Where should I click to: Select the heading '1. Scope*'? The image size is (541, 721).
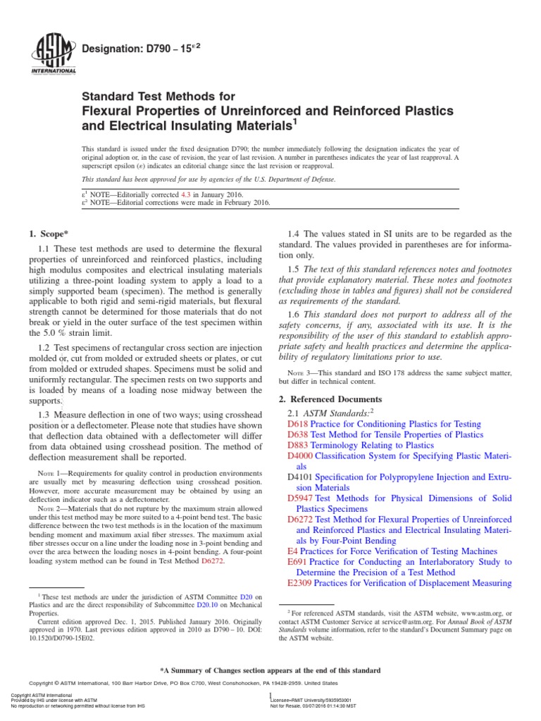click(x=48, y=233)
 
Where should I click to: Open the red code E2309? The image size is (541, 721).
click(x=301, y=583)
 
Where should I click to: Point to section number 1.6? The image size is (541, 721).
click(x=294, y=314)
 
